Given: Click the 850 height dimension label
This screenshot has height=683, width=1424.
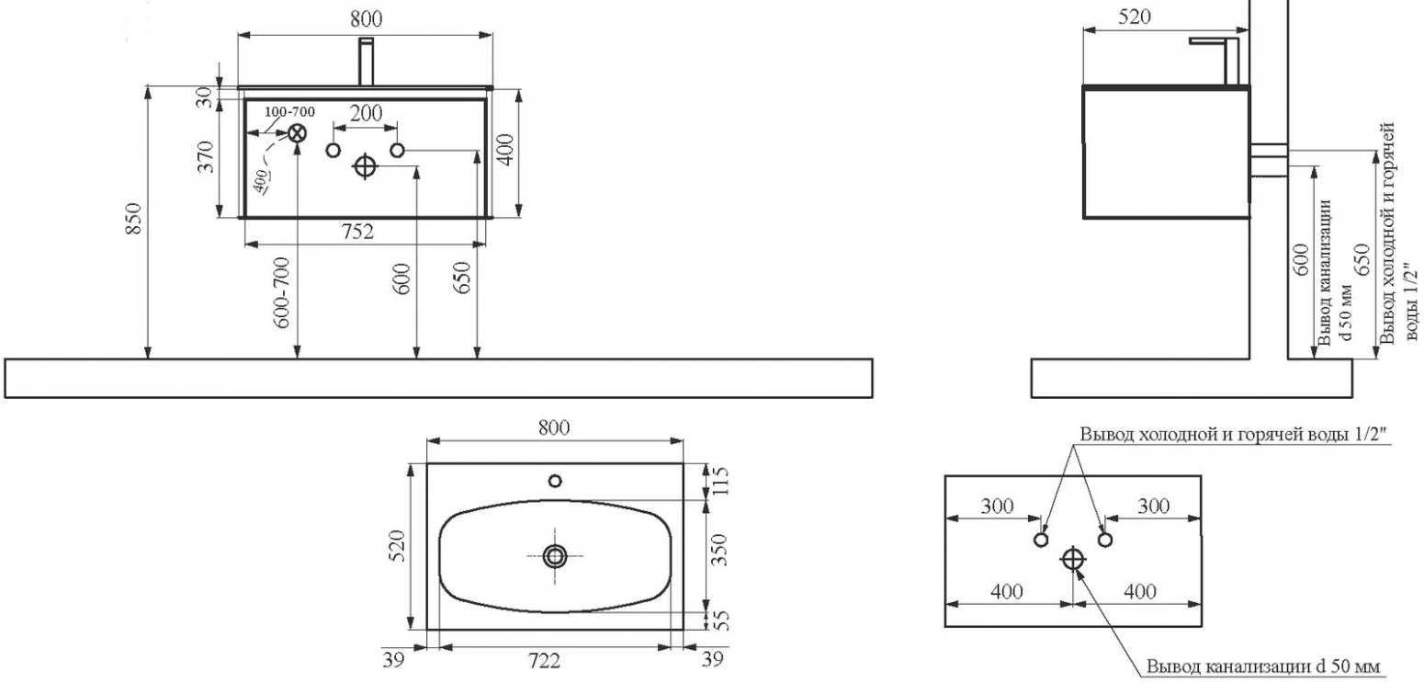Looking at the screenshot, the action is [x=133, y=219].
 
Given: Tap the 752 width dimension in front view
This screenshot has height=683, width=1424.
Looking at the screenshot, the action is [x=358, y=233].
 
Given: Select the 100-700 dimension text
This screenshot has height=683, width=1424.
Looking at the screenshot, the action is [x=289, y=112].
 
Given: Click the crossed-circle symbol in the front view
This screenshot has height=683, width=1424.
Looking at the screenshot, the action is [x=297, y=133].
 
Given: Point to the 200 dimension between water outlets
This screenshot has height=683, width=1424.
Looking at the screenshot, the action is [x=367, y=113].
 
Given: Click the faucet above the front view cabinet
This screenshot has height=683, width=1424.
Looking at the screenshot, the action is [x=367, y=62].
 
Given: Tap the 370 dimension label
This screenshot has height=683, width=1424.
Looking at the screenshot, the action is [x=206, y=156].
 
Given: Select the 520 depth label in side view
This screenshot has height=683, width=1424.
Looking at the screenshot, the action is [x=1134, y=17].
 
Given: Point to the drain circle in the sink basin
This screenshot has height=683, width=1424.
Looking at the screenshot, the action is [x=555, y=556].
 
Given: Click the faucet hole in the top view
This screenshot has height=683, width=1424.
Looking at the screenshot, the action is [x=555, y=481].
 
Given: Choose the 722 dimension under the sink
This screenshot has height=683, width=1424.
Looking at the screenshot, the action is [x=545, y=662].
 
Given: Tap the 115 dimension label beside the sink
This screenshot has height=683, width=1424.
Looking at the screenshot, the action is [x=719, y=483].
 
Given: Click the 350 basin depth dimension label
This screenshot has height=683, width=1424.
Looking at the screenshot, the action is [x=719, y=550].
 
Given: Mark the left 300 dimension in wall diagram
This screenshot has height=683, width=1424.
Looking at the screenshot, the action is [x=997, y=507].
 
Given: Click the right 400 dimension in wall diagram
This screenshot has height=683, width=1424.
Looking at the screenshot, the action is [x=1140, y=592].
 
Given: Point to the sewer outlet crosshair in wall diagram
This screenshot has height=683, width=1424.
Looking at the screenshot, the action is [x=1073, y=559].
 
